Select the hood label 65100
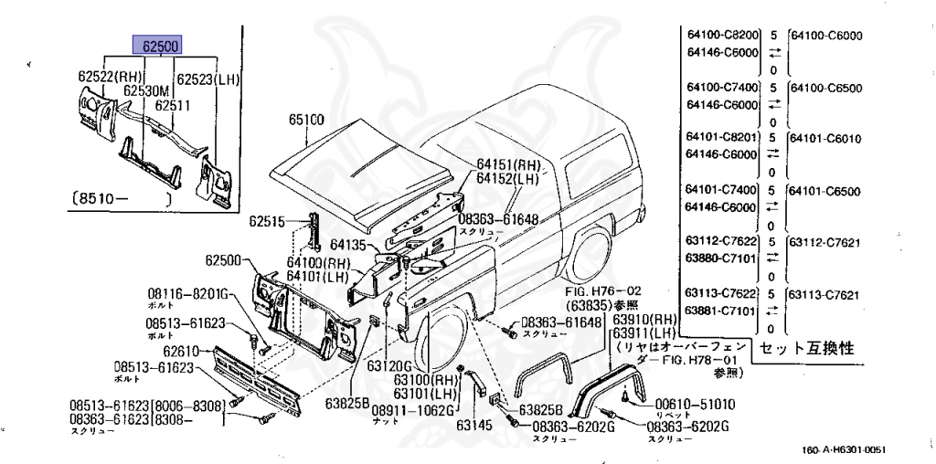[307, 120]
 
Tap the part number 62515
[268, 221]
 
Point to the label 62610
[182, 350]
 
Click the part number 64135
[349, 245]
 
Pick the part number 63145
[475, 425]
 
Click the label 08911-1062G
[412, 410]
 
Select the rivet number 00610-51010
[696, 405]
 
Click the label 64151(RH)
[508, 164]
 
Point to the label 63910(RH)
[643, 320]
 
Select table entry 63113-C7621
[826, 295]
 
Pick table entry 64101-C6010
[826, 139]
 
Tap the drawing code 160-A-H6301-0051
[846, 449]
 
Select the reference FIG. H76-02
[603, 291]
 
